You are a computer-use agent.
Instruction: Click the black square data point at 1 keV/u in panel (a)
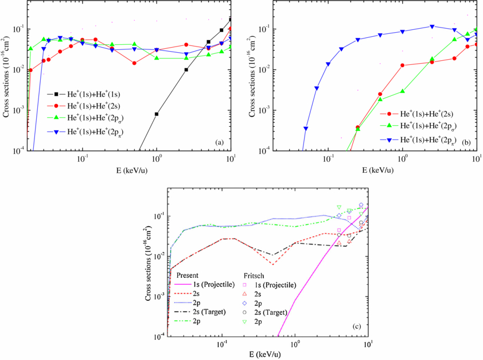[156, 114]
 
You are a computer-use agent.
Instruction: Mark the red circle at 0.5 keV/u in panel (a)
[134, 63]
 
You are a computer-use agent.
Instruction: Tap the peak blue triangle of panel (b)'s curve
[433, 26]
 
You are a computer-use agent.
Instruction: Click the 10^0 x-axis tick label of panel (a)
[156, 158]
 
